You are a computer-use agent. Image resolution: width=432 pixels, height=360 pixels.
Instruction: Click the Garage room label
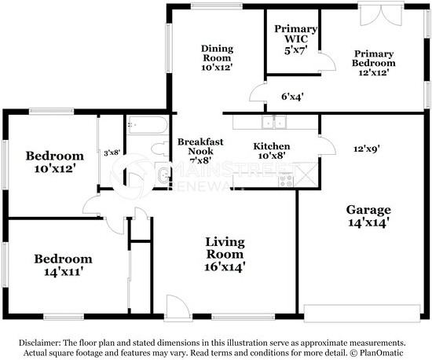coord(368,216)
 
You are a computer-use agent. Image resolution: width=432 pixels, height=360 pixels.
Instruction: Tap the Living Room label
coord(225,254)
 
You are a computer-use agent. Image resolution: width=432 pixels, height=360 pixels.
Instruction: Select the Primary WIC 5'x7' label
coord(295,39)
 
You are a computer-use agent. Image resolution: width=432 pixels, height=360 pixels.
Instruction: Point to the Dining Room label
coord(217,57)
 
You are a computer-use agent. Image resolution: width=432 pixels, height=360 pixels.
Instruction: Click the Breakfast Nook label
coord(200,151)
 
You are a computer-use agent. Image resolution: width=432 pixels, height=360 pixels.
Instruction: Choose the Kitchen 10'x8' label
coord(272,150)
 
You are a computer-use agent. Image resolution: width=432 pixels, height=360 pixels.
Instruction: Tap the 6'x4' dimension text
coord(292,97)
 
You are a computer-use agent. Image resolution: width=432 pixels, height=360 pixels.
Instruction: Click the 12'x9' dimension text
coord(367,149)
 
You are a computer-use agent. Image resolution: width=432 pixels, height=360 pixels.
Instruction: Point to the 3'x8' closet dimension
coord(112,152)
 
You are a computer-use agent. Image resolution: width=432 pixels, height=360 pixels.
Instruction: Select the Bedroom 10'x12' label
coord(55,162)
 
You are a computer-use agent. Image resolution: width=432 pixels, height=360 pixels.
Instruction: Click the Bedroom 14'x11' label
coord(64,265)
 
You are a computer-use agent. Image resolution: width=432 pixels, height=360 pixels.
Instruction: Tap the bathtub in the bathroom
coord(148,125)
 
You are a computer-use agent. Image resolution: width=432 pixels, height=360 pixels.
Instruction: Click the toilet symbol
coord(159,149)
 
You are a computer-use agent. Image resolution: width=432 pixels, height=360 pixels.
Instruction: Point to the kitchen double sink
coord(274,123)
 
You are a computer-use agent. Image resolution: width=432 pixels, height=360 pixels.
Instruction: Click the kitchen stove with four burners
coord(286,181)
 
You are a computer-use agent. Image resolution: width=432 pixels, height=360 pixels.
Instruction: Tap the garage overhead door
coord(362,313)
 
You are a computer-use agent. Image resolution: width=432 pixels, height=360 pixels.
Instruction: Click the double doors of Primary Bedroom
coord(381,14)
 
